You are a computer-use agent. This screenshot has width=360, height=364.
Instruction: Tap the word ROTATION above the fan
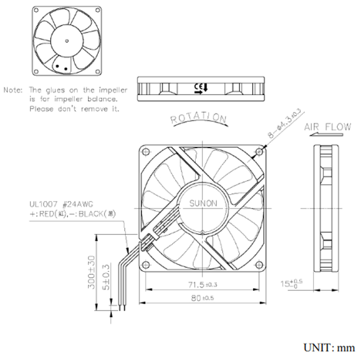199,118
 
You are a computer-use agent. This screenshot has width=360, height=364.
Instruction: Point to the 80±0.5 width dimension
202,298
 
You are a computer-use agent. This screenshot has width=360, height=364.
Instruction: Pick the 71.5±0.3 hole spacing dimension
202,285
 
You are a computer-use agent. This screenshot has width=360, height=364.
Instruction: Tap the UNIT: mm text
329,347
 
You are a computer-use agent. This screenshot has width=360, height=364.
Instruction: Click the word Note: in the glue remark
14,90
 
